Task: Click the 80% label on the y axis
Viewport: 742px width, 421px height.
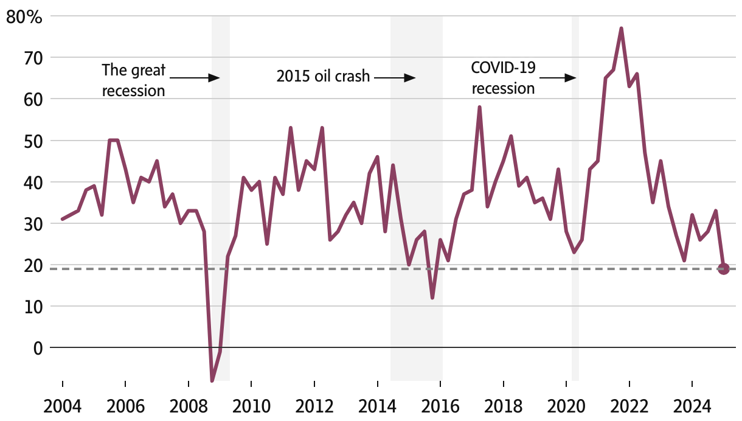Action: (x=24, y=17)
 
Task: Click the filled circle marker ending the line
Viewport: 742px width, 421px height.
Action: (x=723, y=268)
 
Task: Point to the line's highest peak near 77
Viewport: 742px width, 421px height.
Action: (x=621, y=29)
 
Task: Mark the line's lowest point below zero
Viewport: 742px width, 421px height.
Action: (x=212, y=380)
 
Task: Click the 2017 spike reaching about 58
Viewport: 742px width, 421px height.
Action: (x=479, y=108)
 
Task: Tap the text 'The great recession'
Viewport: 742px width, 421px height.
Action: (x=133, y=80)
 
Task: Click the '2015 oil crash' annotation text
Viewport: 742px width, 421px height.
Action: (x=323, y=77)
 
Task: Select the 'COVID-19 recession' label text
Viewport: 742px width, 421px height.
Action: (x=504, y=78)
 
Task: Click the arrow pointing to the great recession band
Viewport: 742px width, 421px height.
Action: (x=194, y=78)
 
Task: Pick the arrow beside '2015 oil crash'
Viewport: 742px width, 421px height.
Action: (x=394, y=78)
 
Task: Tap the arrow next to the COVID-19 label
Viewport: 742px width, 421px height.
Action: (x=558, y=78)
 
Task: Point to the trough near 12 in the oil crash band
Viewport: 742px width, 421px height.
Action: (x=432, y=297)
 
